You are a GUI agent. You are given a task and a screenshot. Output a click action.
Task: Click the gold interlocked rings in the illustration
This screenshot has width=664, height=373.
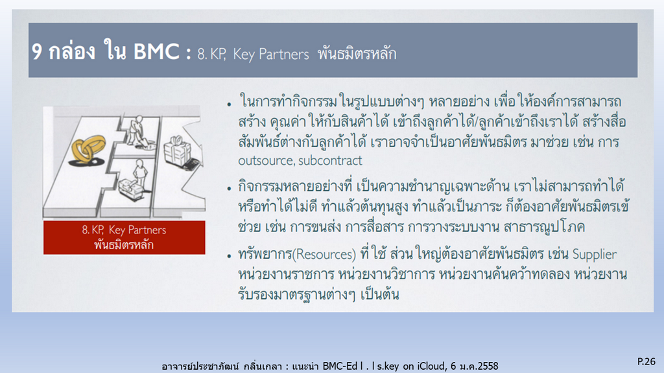88,149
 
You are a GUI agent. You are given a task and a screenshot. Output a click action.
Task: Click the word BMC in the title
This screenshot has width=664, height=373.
156,52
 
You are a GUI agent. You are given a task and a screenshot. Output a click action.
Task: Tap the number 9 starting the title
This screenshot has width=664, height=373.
37,52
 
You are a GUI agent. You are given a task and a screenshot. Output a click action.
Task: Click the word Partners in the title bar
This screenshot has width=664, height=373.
284,54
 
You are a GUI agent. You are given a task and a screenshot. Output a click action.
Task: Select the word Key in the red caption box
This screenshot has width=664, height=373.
117,230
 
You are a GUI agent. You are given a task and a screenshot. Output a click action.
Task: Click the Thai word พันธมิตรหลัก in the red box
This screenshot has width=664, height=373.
124,245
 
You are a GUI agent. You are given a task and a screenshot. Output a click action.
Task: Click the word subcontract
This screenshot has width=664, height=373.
330,161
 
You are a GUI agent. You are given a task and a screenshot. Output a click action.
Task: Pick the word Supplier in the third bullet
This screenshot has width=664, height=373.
594,255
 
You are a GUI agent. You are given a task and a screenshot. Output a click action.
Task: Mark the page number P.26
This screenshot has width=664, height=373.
646,361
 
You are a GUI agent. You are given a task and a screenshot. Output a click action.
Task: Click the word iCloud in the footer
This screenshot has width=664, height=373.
431,366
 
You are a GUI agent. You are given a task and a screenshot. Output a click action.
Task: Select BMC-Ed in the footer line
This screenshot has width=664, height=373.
340,366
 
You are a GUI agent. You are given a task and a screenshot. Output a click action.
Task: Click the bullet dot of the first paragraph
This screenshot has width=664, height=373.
229,103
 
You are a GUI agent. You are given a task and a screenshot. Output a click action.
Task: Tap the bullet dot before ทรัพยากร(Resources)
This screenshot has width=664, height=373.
229,256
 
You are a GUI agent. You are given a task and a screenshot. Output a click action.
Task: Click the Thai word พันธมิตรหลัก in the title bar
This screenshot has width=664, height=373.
357,54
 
